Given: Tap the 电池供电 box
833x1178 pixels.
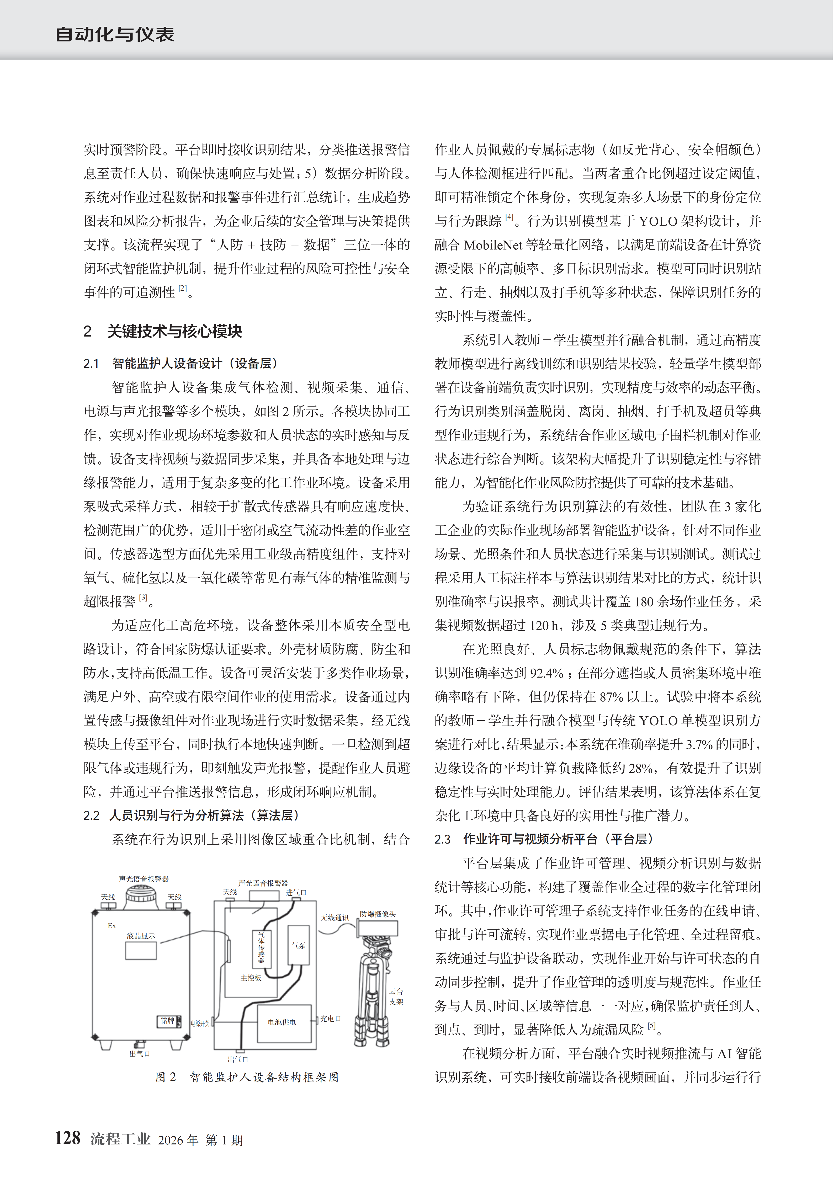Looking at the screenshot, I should tap(282, 1022).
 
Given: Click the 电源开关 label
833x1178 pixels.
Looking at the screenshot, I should tap(200, 1023).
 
